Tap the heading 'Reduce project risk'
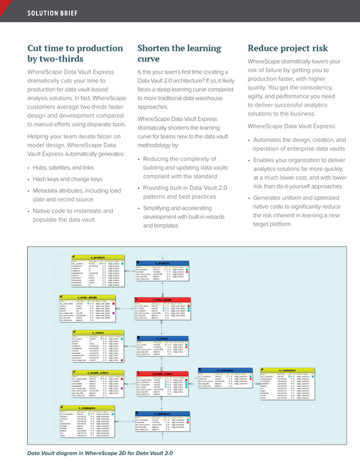click(288, 48)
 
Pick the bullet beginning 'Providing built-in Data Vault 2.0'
click(188, 196)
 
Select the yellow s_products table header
click(97, 257)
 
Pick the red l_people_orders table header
click(163, 373)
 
